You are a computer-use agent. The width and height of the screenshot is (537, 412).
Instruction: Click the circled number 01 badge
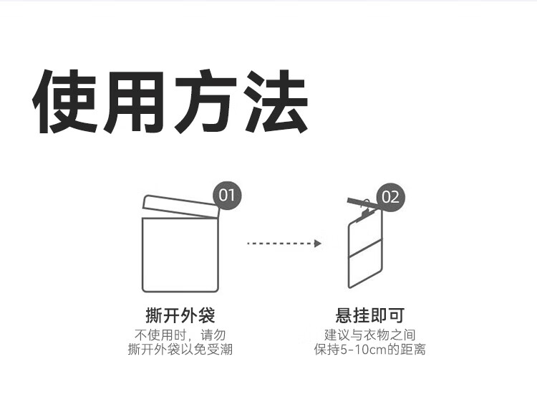[228, 196]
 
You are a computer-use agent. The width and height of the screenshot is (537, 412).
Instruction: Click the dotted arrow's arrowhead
[317, 244]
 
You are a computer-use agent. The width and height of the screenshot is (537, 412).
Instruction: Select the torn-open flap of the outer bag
[180, 206]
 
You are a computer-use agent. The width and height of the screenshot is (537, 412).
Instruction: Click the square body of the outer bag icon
[180, 254]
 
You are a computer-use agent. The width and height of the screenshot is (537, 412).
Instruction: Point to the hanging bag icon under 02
[366, 254]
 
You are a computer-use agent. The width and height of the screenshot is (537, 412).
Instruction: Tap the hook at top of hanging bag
[366, 205]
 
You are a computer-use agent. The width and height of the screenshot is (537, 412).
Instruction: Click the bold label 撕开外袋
[180, 315]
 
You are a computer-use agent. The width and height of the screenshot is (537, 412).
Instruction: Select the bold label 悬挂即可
[369, 315]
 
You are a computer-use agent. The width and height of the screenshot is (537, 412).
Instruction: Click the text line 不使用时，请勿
[180, 335]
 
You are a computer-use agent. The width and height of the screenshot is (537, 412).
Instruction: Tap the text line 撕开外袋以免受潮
[180, 350]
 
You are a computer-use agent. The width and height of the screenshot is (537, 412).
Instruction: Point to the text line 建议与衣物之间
[369, 335]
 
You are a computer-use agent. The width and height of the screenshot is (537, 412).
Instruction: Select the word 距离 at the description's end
[413, 350]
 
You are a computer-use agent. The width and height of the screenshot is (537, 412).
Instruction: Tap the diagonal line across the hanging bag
[366, 250]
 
